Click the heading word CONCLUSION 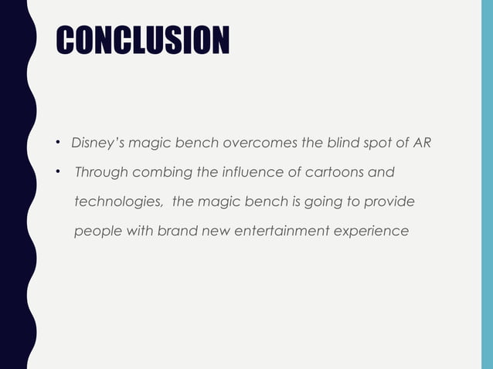[x=142, y=40]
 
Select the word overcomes [x=253, y=143]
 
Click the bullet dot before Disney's [x=58, y=144]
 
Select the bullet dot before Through [x=58, y=172]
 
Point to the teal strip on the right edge [x=487, y=184]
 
